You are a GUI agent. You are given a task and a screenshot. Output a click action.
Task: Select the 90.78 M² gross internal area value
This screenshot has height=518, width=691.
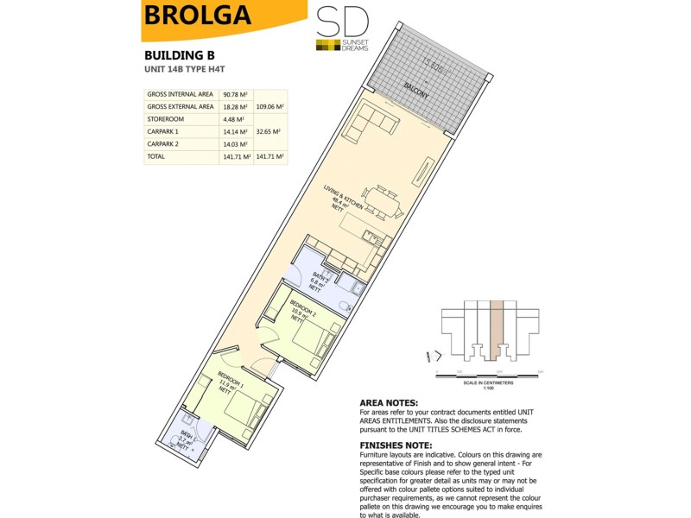click(235, 95)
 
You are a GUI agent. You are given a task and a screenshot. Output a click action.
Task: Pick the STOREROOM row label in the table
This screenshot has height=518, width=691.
click(167, 119)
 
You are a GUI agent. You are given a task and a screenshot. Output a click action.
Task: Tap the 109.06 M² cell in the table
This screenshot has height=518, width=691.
click(271, 107)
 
